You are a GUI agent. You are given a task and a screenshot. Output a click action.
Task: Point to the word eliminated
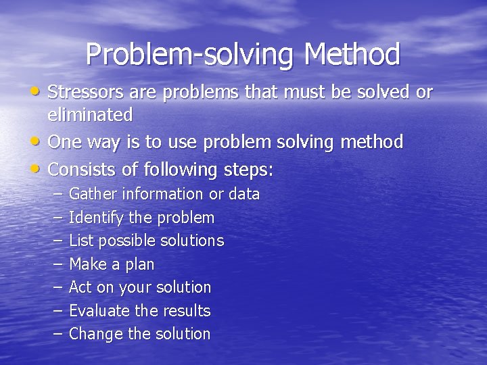coord(91,116)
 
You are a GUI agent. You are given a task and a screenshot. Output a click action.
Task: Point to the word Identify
coord(95,218)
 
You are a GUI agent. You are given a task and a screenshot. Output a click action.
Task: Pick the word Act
coord(80,287)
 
